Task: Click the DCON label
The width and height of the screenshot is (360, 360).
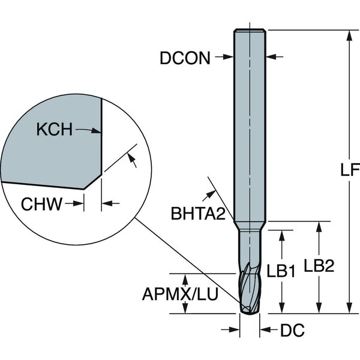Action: (184, 58)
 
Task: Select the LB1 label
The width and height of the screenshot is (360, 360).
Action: (280, 272)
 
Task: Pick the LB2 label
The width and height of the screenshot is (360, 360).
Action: (318, 266)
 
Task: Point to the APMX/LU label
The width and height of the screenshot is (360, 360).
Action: (180, 294)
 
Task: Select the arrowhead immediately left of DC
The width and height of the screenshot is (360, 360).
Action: (236, 329)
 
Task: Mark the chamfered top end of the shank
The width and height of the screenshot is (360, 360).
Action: (249, 30)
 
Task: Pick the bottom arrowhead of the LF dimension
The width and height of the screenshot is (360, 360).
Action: (348, 308)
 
